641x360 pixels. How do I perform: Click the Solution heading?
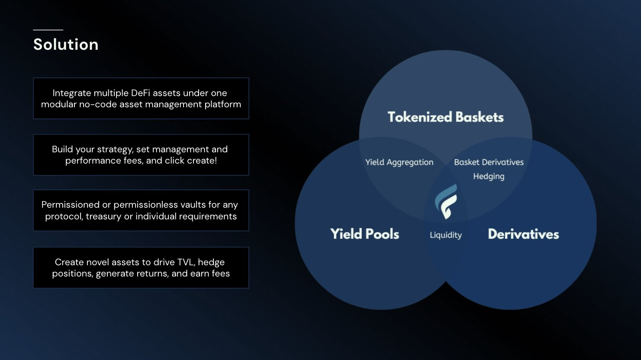click(x=66, y=45)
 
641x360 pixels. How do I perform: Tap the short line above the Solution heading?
click(x=48, y=30)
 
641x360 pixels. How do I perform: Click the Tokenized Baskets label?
click(x=445, y=117)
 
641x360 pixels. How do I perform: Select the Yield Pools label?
click(x=364, y=234)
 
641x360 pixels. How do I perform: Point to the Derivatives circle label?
click(x=523, y=234)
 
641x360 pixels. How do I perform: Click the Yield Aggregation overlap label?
click(x=399, y=162)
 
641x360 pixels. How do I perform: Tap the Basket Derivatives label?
click(x=489, y=162)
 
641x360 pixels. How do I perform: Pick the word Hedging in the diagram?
click(x=489, y=177)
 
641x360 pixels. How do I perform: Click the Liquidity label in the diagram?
click(x=445, y=235)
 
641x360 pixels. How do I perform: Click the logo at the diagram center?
click(x=446, y=201)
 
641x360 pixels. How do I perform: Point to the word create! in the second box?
click(x=202, y=161)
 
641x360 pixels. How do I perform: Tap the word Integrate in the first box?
click(x=72, y=93)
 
